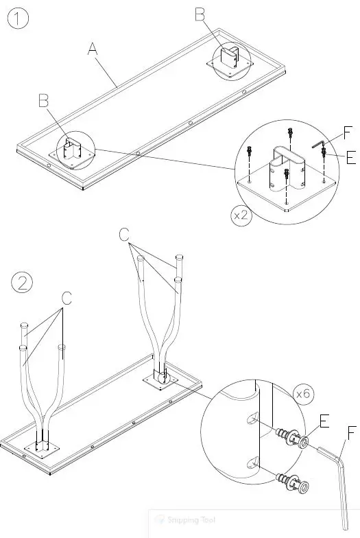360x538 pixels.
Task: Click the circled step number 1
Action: (x=19, y=19)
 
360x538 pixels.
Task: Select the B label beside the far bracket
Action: (x=200, y=13)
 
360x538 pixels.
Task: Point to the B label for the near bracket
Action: (x=43, y=102)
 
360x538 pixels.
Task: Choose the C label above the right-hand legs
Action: (x=123, y=235)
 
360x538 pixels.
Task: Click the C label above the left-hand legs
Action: (x=67, y=298)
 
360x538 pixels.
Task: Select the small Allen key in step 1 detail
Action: (x=317, y=144)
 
